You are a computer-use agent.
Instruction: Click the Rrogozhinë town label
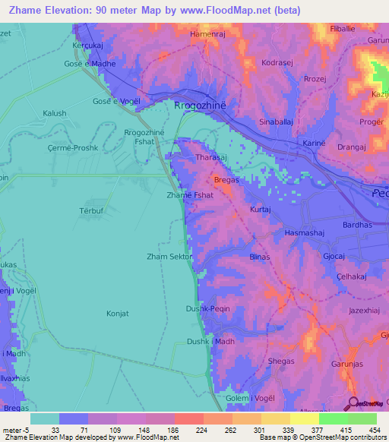[201, 106]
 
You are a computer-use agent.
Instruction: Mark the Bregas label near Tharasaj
[226, 180]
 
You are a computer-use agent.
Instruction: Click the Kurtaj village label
[260, 209]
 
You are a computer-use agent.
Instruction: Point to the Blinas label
[260, 257]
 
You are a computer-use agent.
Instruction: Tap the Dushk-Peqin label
[207, 308]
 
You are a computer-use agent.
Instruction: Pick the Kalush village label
[55, 113]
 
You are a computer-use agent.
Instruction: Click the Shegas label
[281, 361]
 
